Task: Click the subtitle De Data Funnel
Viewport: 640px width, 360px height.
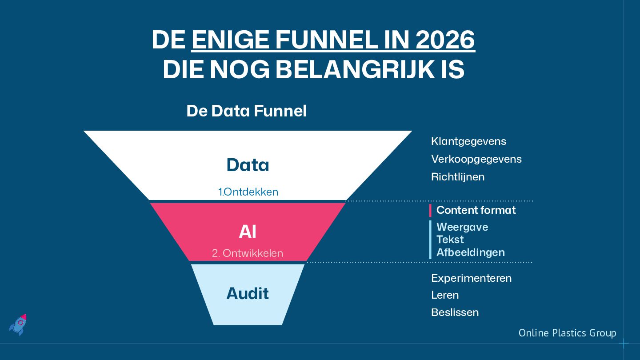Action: pos(246,111)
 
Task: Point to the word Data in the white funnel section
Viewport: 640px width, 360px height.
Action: pos(248,165)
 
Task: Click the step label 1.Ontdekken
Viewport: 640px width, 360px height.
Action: pos(248,192)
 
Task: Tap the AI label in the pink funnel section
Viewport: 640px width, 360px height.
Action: pos(248,232)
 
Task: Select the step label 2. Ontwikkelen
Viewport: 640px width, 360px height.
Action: pos(247,253)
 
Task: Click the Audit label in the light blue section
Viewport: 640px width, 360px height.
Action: pos(248,293)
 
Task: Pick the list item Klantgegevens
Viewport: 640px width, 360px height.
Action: pos(468,141)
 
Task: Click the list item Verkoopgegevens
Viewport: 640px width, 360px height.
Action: pos(476,159)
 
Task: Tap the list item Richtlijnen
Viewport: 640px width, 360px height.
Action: pos(457,177)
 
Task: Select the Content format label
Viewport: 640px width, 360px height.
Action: pos(476,210)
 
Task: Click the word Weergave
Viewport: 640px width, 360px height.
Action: pos(462,227)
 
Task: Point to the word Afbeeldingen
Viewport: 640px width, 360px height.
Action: pos(470,252)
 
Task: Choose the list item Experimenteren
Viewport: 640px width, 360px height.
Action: pos(471,278)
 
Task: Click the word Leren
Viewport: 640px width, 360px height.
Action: pos(445,295)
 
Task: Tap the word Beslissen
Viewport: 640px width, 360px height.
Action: pos(455,312)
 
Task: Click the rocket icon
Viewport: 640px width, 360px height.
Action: pos(18,324)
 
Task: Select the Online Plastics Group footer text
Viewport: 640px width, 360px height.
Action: pos(567,333)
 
